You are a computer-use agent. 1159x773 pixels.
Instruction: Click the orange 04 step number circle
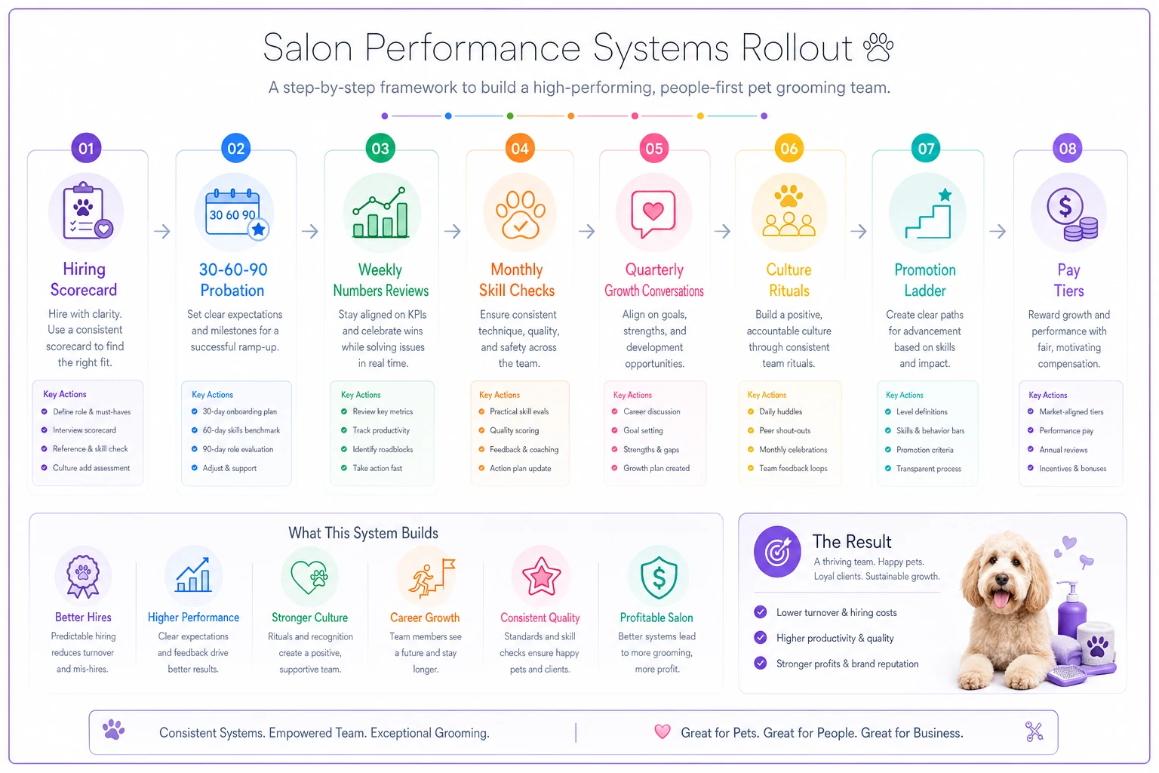click(x=519, y=148)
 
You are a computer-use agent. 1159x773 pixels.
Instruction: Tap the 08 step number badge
click(x=1068, y=148)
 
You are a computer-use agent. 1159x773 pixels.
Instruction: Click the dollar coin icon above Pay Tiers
click(x=1071, y=214)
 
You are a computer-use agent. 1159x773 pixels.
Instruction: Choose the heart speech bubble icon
click(x=653, y=214)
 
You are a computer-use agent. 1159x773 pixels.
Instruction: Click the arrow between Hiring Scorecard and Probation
click(x=162, y=231)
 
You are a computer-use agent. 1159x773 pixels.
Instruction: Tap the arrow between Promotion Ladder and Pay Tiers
click(x=998, y=231)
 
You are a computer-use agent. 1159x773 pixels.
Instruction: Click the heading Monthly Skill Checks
click(x=517, y=280)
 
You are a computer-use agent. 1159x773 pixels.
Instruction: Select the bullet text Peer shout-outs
click(x=785, y=431)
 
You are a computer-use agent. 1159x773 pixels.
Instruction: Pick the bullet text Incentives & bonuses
click(x=1072, y=469)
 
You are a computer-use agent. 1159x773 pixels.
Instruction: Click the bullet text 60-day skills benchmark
click(x=241, y=430)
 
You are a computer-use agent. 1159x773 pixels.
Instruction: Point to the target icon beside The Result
click(x=776, y=551)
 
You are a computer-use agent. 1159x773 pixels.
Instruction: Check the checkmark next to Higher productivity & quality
click(x=760, y=637)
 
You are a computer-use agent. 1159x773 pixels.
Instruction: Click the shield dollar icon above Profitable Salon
click(x=658, y=577)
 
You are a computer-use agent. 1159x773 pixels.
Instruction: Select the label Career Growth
click(x=425, y=617)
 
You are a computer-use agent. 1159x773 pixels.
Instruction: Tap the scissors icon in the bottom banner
click(x=1034, y=731)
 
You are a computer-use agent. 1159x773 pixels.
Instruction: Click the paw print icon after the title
click(x=878, y=48)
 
